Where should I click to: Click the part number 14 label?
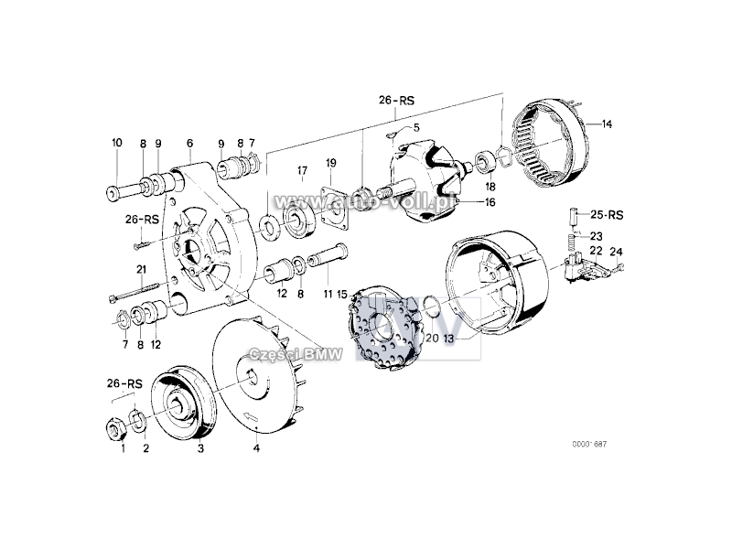(607, 124)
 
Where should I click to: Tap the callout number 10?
(116, 143)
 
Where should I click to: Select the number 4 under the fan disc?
(256, 448)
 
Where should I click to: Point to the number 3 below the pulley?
(200, 448)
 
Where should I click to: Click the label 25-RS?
(606, 215)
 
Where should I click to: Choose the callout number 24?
(616, 251)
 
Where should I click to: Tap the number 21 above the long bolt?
(141, 268)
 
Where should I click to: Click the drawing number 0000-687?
(589, 444)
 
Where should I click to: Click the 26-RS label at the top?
(396, 99)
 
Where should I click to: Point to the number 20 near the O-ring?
(431, 338)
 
